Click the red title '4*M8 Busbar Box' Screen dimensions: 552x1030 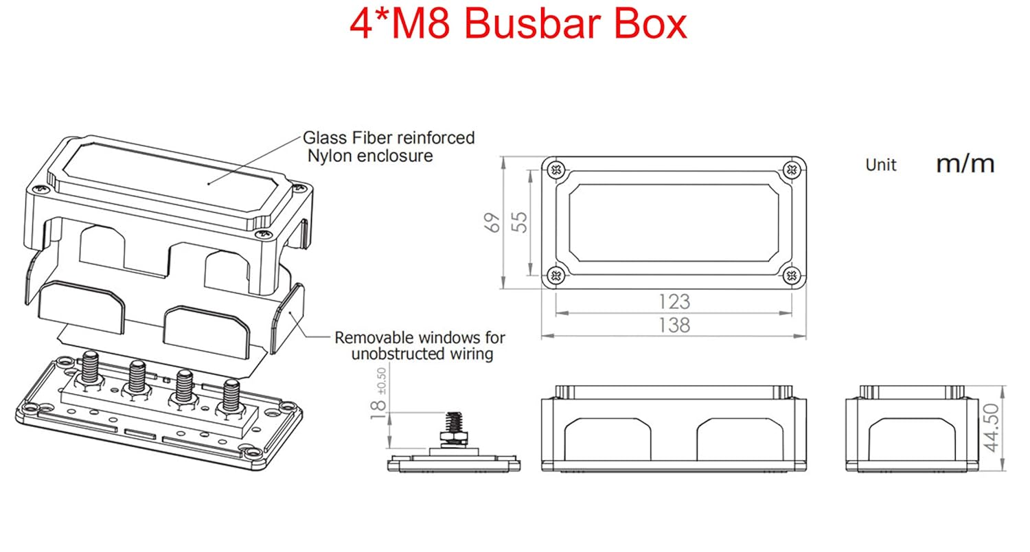[x=518, y=25]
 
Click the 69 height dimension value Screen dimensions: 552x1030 [x=493, y=222]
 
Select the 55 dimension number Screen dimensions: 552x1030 [x=521, y=222]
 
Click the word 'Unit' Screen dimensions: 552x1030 [x=881, y=165]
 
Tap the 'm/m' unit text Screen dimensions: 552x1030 [x=965, y=163]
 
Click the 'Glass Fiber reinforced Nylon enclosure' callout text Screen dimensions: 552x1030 [x=389, y=146]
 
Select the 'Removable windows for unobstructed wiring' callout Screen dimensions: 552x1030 [x=420, y=346]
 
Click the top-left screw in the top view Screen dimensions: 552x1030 [x=557, y=169]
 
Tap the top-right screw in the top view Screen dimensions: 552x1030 [x=792, y=169]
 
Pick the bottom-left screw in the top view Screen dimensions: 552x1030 [x=557, y=276]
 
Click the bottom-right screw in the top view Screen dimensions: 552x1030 [x=792, y=276]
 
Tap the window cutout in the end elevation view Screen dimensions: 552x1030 [x=909, y=443]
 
